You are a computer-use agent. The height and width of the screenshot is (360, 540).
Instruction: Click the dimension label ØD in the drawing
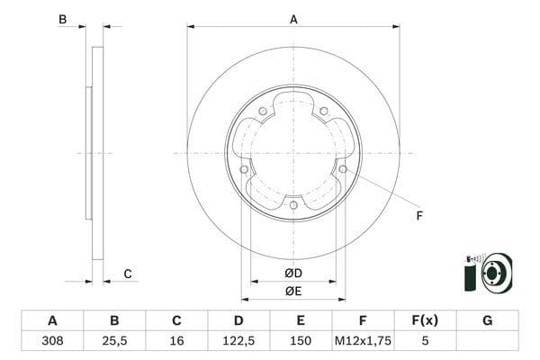point(292,273)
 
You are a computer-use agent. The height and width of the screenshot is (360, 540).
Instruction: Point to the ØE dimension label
point(292,291)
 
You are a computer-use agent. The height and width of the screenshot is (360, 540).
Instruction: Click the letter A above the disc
point(293,18)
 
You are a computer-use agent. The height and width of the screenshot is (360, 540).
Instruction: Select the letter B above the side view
point(62,19)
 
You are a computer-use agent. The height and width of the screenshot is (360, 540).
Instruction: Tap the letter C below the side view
point(128,274)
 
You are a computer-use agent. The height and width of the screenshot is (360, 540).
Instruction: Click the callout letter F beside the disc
point(418,216)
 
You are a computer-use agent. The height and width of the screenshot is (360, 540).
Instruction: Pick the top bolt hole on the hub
point(262,112)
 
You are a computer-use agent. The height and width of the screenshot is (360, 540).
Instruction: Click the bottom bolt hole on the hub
point(293,205)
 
